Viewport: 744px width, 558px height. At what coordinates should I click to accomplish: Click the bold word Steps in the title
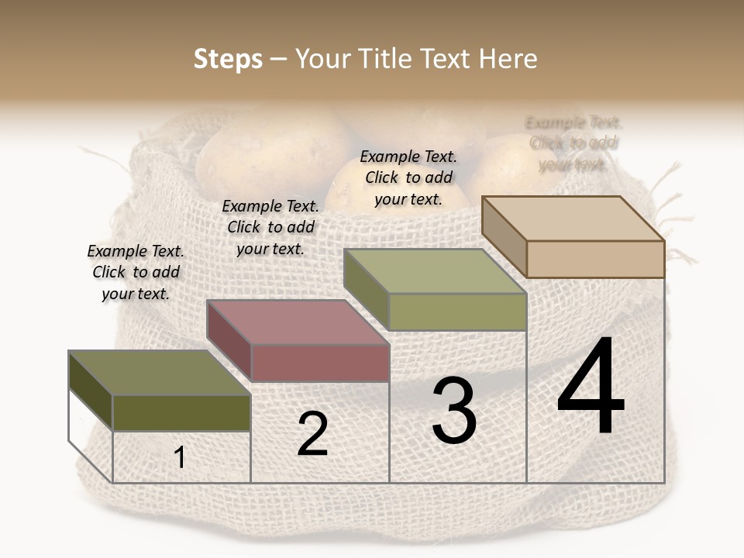click(x=228, y=59)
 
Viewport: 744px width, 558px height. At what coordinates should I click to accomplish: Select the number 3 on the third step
click(x=454, y=411)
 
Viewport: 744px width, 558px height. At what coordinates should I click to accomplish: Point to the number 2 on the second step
click(x=312, y=434)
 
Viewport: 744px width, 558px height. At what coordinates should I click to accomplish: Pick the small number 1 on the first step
click(x=180, y=458)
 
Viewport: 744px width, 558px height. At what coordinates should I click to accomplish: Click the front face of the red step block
click(x=320, y=363)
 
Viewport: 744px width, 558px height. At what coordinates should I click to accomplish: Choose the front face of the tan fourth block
click(x=595, y=259)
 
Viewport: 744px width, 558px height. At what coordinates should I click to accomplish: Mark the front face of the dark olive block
click(x=181, y=412)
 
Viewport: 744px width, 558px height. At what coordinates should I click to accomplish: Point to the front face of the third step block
click(x=457, y=312)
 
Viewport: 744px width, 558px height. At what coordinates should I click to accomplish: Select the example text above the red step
click(x=270, y=228)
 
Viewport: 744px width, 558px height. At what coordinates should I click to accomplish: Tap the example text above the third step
click(x=408, y=177)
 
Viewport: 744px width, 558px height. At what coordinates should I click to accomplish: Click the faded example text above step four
click(x=573, y=143)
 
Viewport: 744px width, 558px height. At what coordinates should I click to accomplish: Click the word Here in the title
click(x=508, y=59)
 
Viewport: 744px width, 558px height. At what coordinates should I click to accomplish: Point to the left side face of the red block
click(x=229, y=340)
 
